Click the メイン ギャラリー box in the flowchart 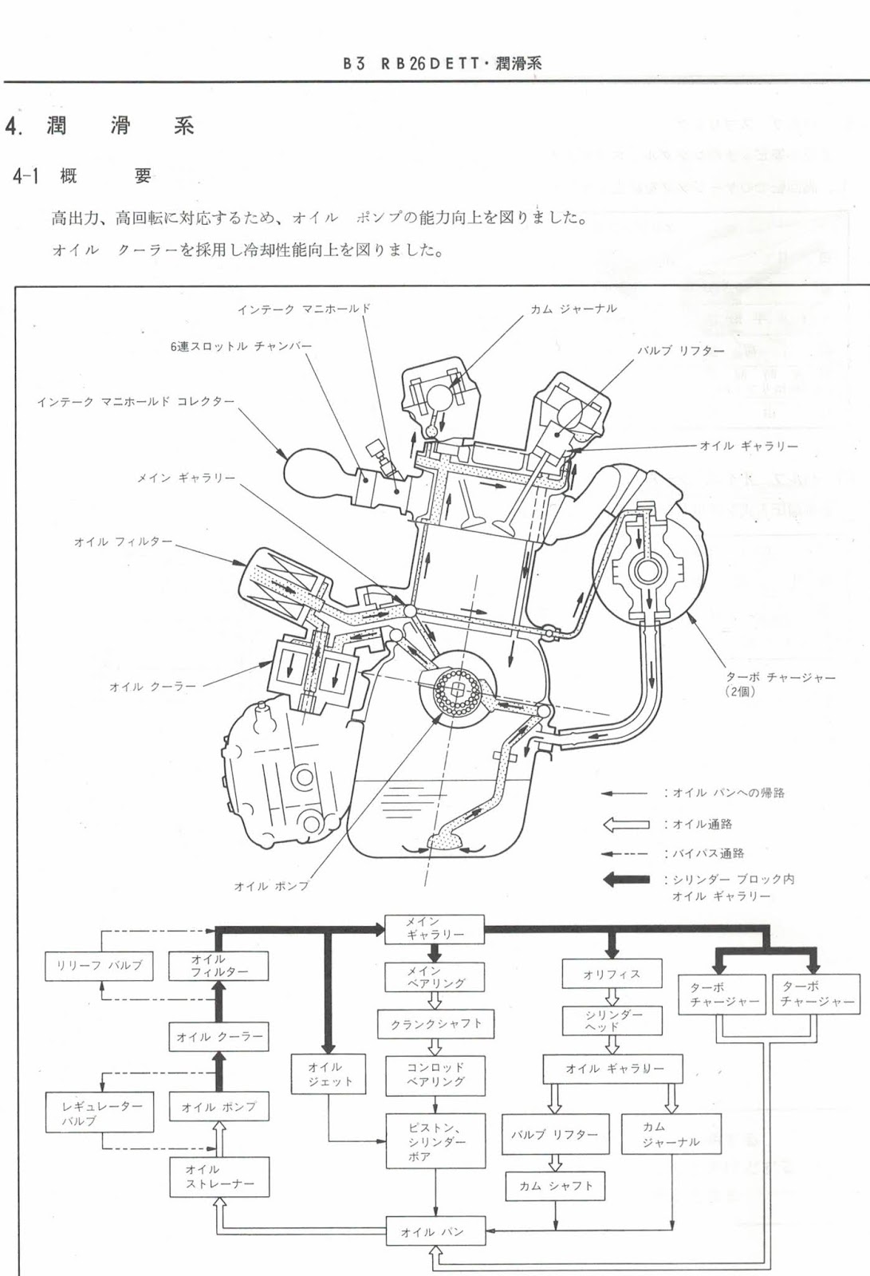pyautogui.click(x=435, y=928)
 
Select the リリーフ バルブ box pyautogui.click(x=99, y=965)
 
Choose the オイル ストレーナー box pyautogui.click(x=218, y=1177)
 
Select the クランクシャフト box pyautogui.click(x=435, y=1024)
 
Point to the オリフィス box pyautogui.click(x=612, y=975)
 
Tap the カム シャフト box pyautogui.click(x=555, y=1186)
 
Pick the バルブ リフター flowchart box pyautogui.click(x=554, y=1134)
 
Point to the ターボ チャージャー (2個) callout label pyautogui.click(x=780, y=683)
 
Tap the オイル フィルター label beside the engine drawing pyautogui.click(x=123, y=542)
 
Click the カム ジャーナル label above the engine pyautogui.click(x=573, y=309)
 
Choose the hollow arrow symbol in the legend pyautogui.click(x=626, y=825)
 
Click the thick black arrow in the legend pyautogui.click(x=626, y=880)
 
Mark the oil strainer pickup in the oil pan pyautogui.click(x=443, y=841)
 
